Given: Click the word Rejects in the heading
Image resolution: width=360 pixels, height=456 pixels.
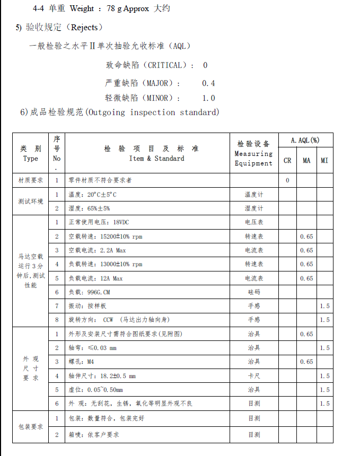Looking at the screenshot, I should [84, 27].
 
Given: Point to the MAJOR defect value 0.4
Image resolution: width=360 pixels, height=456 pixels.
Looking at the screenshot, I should [208, 83].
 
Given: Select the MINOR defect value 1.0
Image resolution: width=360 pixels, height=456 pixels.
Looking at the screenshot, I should [208, 98].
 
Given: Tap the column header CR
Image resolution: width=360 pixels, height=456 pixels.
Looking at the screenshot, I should [287, 161].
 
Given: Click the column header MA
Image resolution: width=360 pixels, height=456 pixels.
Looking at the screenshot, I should [306, 161].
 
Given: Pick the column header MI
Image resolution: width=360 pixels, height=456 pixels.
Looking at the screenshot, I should [324, 161].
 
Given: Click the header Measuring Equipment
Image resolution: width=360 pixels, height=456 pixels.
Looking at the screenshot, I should [253, 159].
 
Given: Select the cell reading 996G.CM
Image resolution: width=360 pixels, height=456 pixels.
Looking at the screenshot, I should [99, 292].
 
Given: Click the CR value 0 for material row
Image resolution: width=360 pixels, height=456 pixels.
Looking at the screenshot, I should [287, 180].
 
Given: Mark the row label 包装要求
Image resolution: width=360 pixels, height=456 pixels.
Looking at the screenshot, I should [30, 427].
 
